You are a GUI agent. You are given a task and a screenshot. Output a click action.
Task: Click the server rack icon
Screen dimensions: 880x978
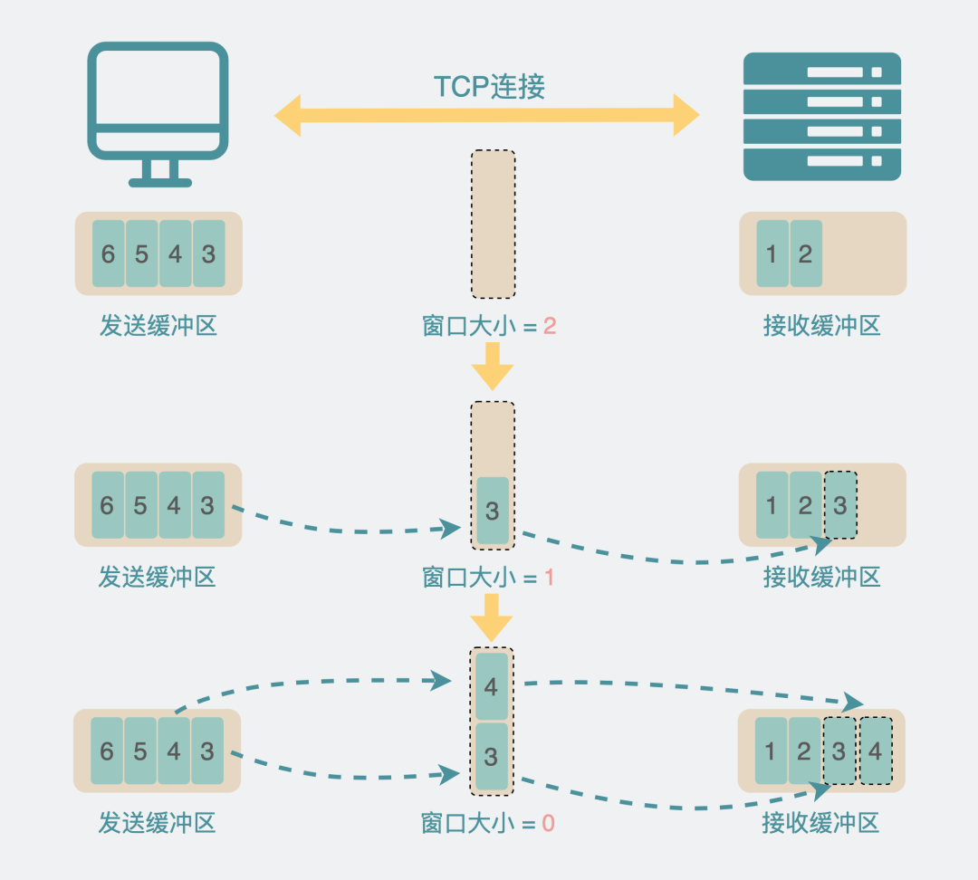click(821, 117)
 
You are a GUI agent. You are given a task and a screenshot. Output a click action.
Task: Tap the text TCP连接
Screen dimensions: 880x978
click(489, 86)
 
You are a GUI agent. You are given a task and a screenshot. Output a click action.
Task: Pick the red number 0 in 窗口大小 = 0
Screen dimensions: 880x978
click(548, 824)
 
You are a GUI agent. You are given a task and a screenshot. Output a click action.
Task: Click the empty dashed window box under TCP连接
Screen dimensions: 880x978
click(493, 225)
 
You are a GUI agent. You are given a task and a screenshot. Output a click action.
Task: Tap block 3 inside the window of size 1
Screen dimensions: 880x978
click(493, 511)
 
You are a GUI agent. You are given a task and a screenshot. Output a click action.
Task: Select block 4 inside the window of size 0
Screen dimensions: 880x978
click(492, 686)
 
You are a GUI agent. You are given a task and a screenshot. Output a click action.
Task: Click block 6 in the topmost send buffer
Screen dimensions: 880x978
click(108, 253)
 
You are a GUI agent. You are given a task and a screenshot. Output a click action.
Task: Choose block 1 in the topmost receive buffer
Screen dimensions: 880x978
click(772, 253)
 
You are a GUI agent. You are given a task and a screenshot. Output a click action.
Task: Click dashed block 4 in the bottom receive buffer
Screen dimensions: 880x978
click(875, 751)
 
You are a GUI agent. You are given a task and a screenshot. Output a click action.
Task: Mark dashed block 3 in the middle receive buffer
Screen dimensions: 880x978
click(840, 504)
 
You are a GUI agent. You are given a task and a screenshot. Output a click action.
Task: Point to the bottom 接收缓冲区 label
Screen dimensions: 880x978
click(821, 824)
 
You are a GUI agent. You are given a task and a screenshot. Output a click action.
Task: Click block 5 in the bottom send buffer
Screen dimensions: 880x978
click(140, 751)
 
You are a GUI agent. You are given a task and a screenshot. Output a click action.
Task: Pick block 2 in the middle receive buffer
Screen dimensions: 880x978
click(805, 504)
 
